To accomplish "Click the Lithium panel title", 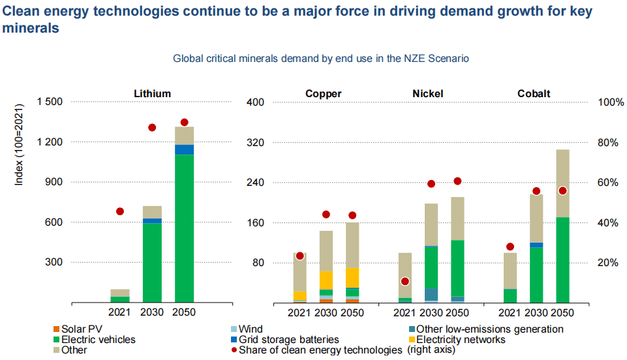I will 152,93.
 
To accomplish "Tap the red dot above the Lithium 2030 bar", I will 152,127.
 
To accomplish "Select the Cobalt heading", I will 534,93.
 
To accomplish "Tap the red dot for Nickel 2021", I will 405,281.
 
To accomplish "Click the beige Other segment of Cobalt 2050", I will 562,183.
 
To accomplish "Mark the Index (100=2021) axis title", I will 19,143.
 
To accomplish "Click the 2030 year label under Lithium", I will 152,312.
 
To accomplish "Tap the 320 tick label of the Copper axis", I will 255,142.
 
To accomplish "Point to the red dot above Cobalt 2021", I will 510,247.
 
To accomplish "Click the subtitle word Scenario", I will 448,59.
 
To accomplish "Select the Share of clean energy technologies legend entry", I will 320,350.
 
